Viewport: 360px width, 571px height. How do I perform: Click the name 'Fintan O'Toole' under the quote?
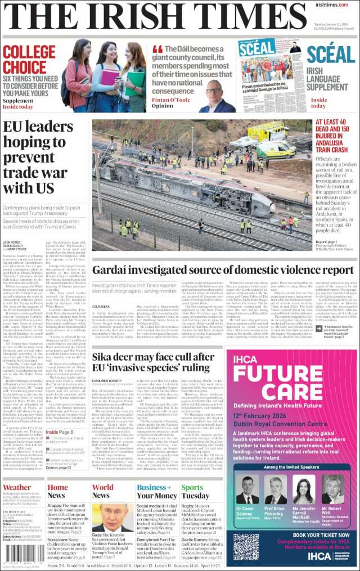pos(171,98)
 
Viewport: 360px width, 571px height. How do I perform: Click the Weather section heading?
pos(17,488)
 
